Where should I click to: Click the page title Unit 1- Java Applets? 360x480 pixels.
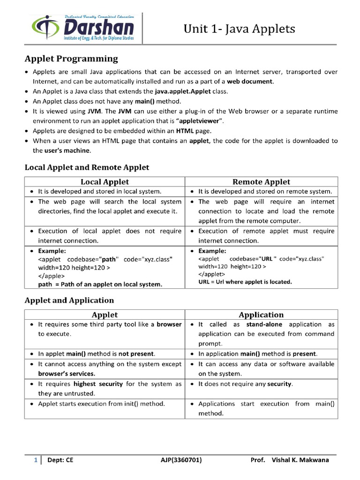(239, 29)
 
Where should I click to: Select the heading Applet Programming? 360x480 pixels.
(71, 59)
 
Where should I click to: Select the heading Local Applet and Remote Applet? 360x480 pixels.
(87, 167)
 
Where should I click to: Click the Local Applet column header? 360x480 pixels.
(105, 182)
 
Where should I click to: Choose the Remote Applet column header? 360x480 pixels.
(261, 182)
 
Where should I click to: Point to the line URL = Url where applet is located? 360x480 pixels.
(245, 282)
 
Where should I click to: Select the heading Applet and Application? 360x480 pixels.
(69, 300)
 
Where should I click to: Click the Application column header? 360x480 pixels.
(261, 315)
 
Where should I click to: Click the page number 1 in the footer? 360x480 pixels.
(35, 460)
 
